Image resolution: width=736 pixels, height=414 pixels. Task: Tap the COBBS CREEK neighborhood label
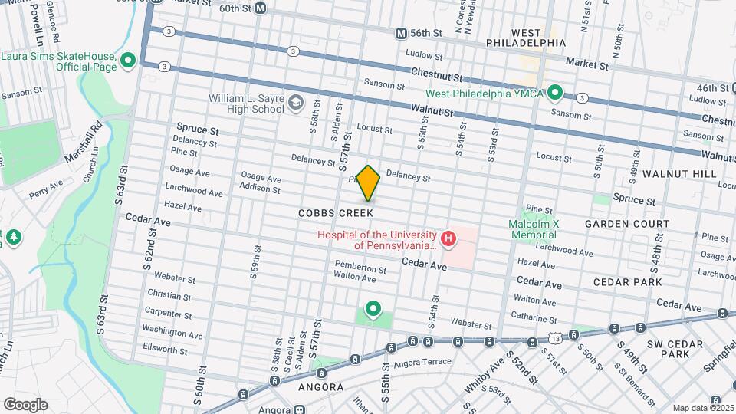click(x=337, y=212)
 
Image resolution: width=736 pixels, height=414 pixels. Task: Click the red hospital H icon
click(x=449, y=240)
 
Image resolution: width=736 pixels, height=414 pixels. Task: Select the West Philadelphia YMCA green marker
click(x=555, y=94)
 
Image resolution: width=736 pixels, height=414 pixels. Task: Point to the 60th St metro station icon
click(x=261, y=8)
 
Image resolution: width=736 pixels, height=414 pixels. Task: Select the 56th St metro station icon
click(x=401, y=34)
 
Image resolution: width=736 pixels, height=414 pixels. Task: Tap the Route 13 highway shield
click(x=554, y=337)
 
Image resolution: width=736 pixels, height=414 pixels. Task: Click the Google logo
click(x=25, y=404)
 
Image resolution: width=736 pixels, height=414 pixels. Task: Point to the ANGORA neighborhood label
click(x=320, y=387)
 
